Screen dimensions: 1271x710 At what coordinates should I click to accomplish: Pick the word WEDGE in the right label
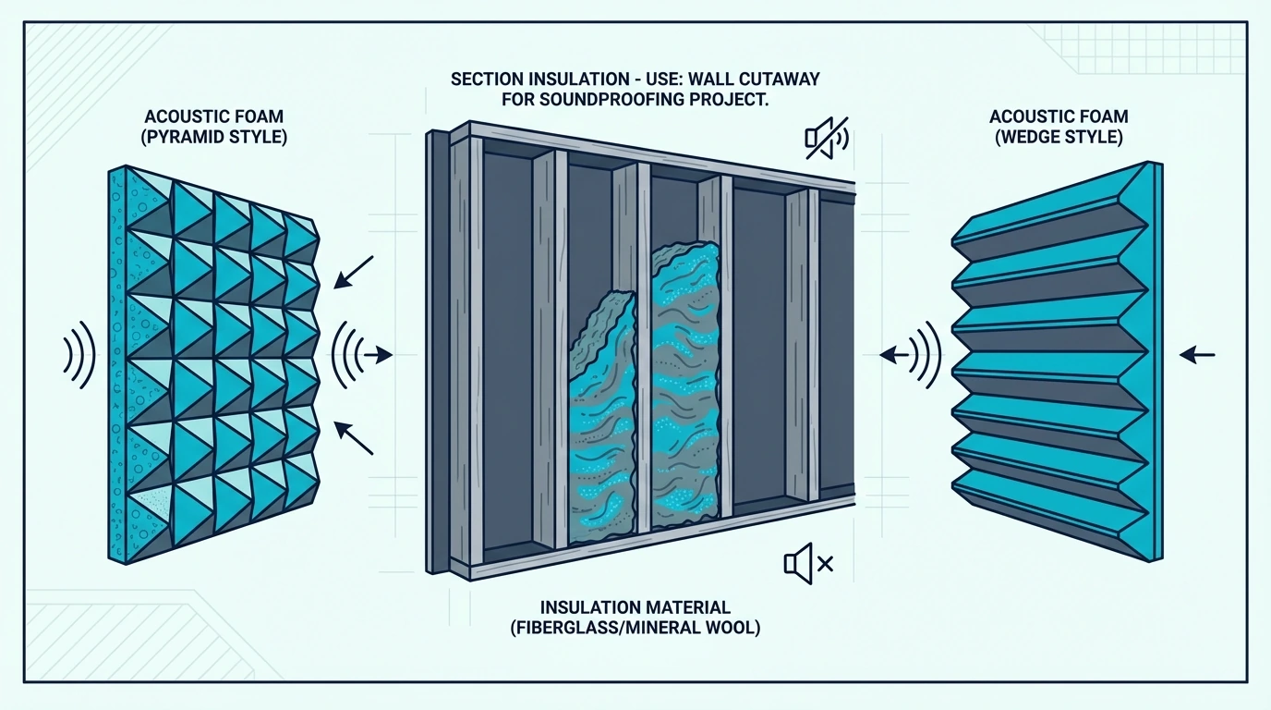click(x=1029, y=137)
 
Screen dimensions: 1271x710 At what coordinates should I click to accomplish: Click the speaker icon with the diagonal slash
click(x=827, y=138)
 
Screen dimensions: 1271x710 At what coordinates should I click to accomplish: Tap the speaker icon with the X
click(x=808, y=563)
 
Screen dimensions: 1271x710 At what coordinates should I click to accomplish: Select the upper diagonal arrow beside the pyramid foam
click(x=354, y=272)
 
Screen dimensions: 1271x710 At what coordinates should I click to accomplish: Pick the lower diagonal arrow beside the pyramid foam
click(x=354, y=437)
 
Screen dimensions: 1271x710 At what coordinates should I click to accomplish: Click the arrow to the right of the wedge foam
click(x=1197, y=355)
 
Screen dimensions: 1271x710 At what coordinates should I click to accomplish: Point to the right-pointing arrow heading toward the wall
click(x=378, y=355)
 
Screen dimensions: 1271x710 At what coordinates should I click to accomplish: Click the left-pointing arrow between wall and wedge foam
click(x=894, y=355)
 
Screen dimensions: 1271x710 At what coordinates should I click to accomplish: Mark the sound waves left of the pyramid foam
click(x=79, y=355)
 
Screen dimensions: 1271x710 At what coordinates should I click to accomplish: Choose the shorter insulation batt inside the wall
click(x=601, y=418)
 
